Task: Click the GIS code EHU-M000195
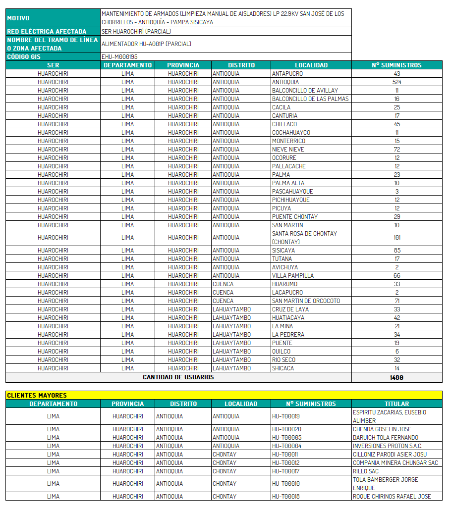pyautogui.click(x=119, y=57)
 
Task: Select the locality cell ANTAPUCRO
pyautogui.click(x=287, y=74)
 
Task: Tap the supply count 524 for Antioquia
pyautogui.click(x=396, y=82)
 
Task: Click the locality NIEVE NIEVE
pyautogui.click(x=288, y=150)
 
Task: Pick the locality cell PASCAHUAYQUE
pyautogui.click(x=292, y=192)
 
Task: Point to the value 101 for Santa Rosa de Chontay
pyautogui.click(x=396, y=238)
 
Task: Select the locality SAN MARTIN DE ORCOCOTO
pyautogui.click(x=306, y=301)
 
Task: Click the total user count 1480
pyautogui.click(x=396, y=377)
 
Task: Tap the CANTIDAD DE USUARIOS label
pyautogui.click(x=178, y=377)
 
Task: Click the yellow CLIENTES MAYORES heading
pyautogui.click(x=37, y=395)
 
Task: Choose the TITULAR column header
pyautogui.click(x=396, y=404)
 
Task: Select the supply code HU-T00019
pyautogui.click(x=286, y=416)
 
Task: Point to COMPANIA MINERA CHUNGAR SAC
pyautogui.click(x=395, y=463)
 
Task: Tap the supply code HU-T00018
pyautogui.click(x=286, y=497)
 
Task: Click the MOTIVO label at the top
pyautogui.click(x=19, y=18)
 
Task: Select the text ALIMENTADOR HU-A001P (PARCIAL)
pyautogui.click(x=146, y=44)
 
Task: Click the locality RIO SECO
pyautogui.click(x=283, y=360)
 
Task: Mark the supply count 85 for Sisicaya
pyautogui.click(x=396, y=251)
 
